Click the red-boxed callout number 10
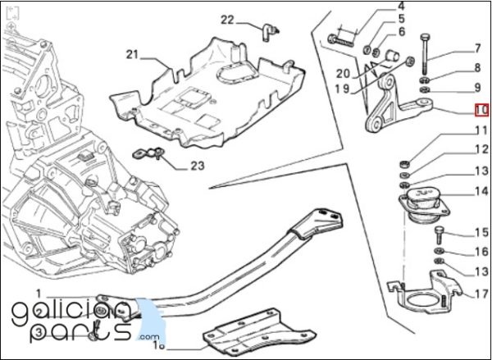(x=481, y=110)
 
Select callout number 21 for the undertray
(x=132, y=55)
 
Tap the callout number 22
(x=227, y=20)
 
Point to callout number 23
(x=198, y=166)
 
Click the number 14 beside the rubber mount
(x=481, y=191)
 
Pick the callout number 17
(x=482, y=294)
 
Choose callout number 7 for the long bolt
(x=477, y=48)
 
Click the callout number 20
(x=343, y=74)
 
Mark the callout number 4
(x=401, y=6)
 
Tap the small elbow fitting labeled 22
(x=269, y=32)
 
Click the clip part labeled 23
(x=148, y=153)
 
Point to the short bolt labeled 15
(x=439, y=235)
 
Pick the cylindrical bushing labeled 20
(x=392, y=56)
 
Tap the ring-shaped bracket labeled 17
(x=425, y=294)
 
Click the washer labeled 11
(x=405, y=163)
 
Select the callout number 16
(x=481, y=252)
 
